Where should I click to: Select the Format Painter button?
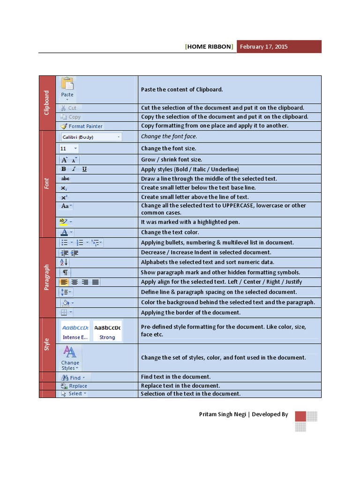click(81, 126)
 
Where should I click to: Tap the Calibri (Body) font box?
click(91, 137)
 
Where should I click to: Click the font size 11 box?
click(69, 149)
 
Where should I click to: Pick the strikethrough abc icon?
click(65, 179)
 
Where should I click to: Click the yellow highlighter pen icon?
click(64, 222)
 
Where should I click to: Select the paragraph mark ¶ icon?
click(66, 272)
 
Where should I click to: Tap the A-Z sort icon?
click(64, 262)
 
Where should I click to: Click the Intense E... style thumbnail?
click(75, 331)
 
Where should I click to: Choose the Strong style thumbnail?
click(107, 331)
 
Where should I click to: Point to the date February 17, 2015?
click(263, 47)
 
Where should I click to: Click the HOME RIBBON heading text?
click(209, 47)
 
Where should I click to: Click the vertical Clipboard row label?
click(47, 103)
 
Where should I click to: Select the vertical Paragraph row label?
click(47, 277)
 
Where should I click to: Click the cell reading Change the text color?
click(170, 232)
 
